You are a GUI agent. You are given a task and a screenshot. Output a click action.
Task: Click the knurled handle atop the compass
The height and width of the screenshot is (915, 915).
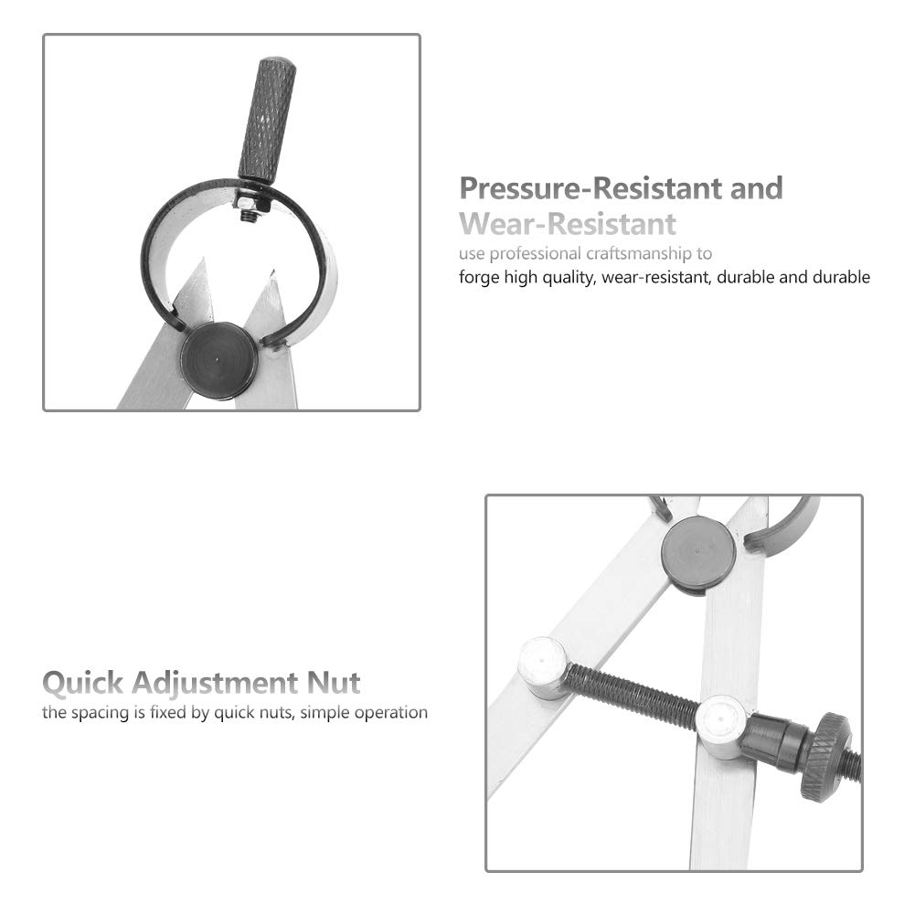tap(267, 120)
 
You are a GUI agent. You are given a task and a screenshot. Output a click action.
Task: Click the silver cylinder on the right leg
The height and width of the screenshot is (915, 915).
tap(723, 726)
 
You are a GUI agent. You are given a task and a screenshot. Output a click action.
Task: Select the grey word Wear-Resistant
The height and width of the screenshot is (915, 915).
tap(568, 224)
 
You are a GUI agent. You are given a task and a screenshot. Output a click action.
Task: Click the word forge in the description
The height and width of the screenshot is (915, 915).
tap(479, 277)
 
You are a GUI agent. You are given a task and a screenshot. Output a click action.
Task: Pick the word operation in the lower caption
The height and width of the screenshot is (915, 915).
tap(388, 712)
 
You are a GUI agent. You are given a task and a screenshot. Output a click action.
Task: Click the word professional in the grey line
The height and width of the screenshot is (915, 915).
tap(536, 253)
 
